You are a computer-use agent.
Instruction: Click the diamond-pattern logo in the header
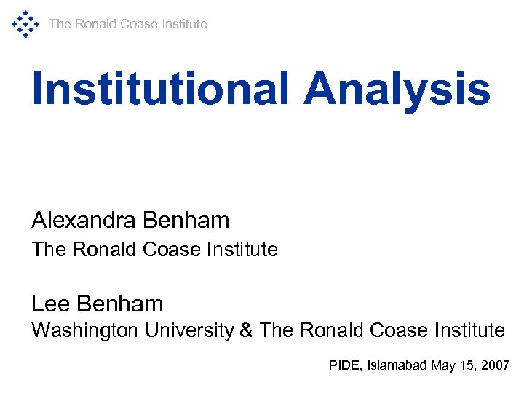(x=25, y=24)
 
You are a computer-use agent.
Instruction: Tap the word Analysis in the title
(x=397, y=89)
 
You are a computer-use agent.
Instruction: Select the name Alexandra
(x=85, y=219)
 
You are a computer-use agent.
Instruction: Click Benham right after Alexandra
(x=187, y=219)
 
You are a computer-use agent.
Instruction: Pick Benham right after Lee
(x=119, y=303)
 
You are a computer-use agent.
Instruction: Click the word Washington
(x=85, y=330)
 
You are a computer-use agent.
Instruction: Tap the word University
(x=189, y=330)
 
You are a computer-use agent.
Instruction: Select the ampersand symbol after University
(x=246, y=330)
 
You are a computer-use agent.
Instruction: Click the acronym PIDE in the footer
(x=341, y=365)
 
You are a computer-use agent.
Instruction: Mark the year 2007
(x=496, y=365)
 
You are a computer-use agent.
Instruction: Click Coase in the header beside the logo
(x=139, y=24)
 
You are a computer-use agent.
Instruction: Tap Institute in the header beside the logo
(x=184, y=24)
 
